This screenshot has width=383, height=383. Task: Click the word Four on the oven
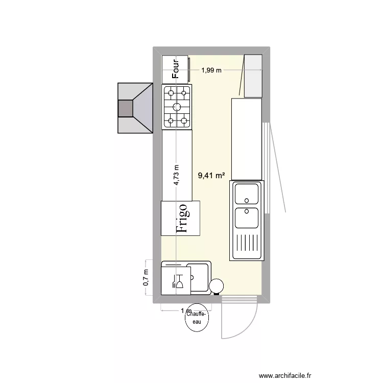click(175, 69)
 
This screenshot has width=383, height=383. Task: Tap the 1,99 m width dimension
click(211, 70)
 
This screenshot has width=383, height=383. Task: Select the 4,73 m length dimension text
click(176, 176)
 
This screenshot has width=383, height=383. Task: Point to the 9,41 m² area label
click(211, 176)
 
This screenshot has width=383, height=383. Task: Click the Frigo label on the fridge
click(182, 219)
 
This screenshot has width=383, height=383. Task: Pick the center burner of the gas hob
click(177, 107)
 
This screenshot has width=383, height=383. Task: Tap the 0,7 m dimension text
click(146, 278)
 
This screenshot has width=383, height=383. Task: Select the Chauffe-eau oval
click(197, 319)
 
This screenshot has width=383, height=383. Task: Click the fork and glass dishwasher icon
click(179, 281)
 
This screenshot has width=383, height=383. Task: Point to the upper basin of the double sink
click(247, 194)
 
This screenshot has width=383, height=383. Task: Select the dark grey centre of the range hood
click(125, 108)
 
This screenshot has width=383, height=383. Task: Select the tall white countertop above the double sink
click(247, 139)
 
